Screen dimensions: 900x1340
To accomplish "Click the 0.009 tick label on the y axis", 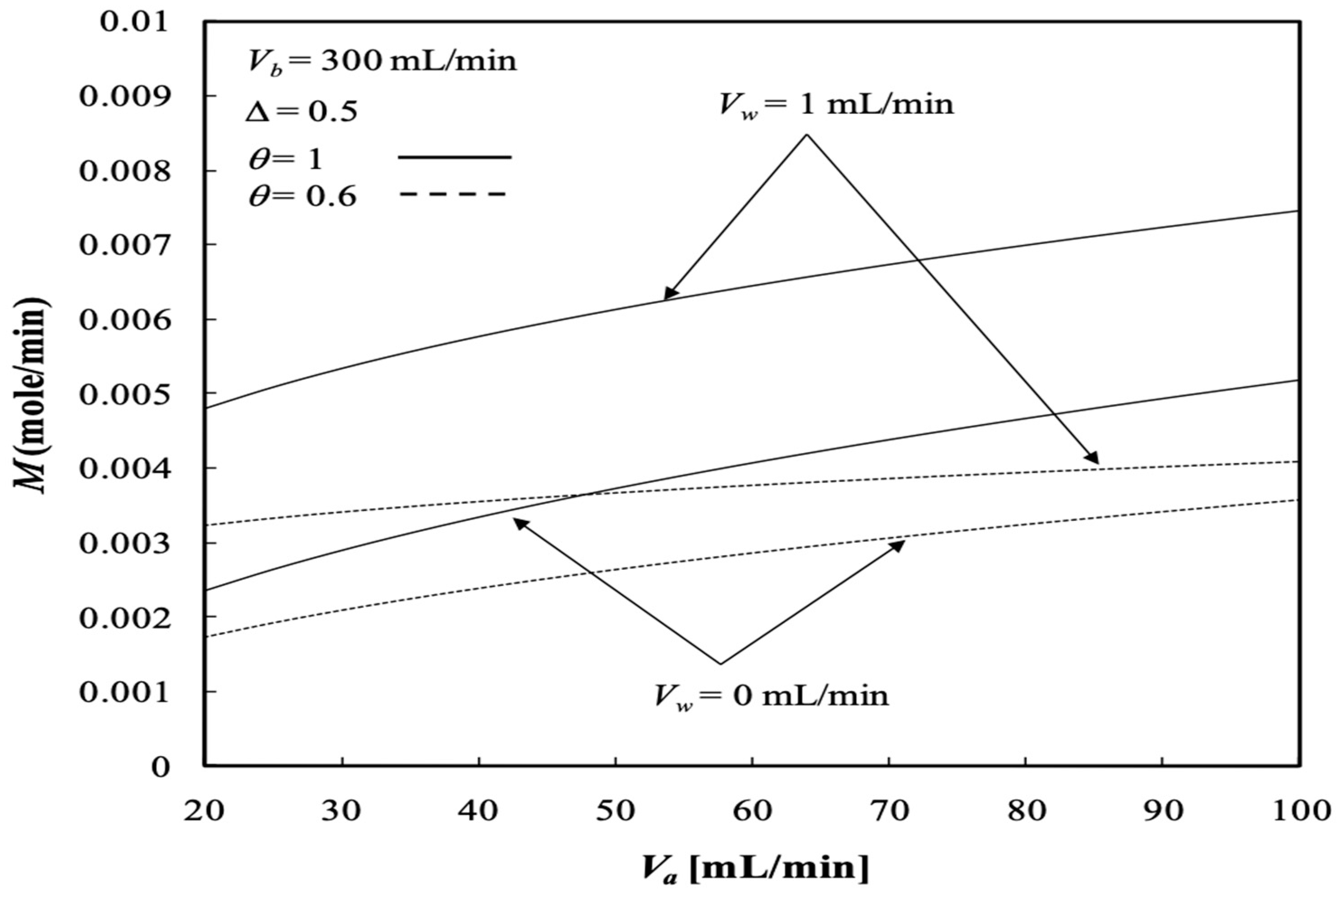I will coord(124,96).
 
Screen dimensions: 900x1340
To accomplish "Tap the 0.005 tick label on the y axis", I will coord(124,394).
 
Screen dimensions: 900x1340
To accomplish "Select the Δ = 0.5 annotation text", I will coord(301,111).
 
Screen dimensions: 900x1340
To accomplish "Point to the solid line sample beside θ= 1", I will coord(455,156).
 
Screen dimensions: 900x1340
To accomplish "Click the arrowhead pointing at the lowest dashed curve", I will coord(899,545).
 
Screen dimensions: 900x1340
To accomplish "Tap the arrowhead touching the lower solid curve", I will coord(519,522).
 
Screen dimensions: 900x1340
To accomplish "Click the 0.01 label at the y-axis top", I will coord(134,22).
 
